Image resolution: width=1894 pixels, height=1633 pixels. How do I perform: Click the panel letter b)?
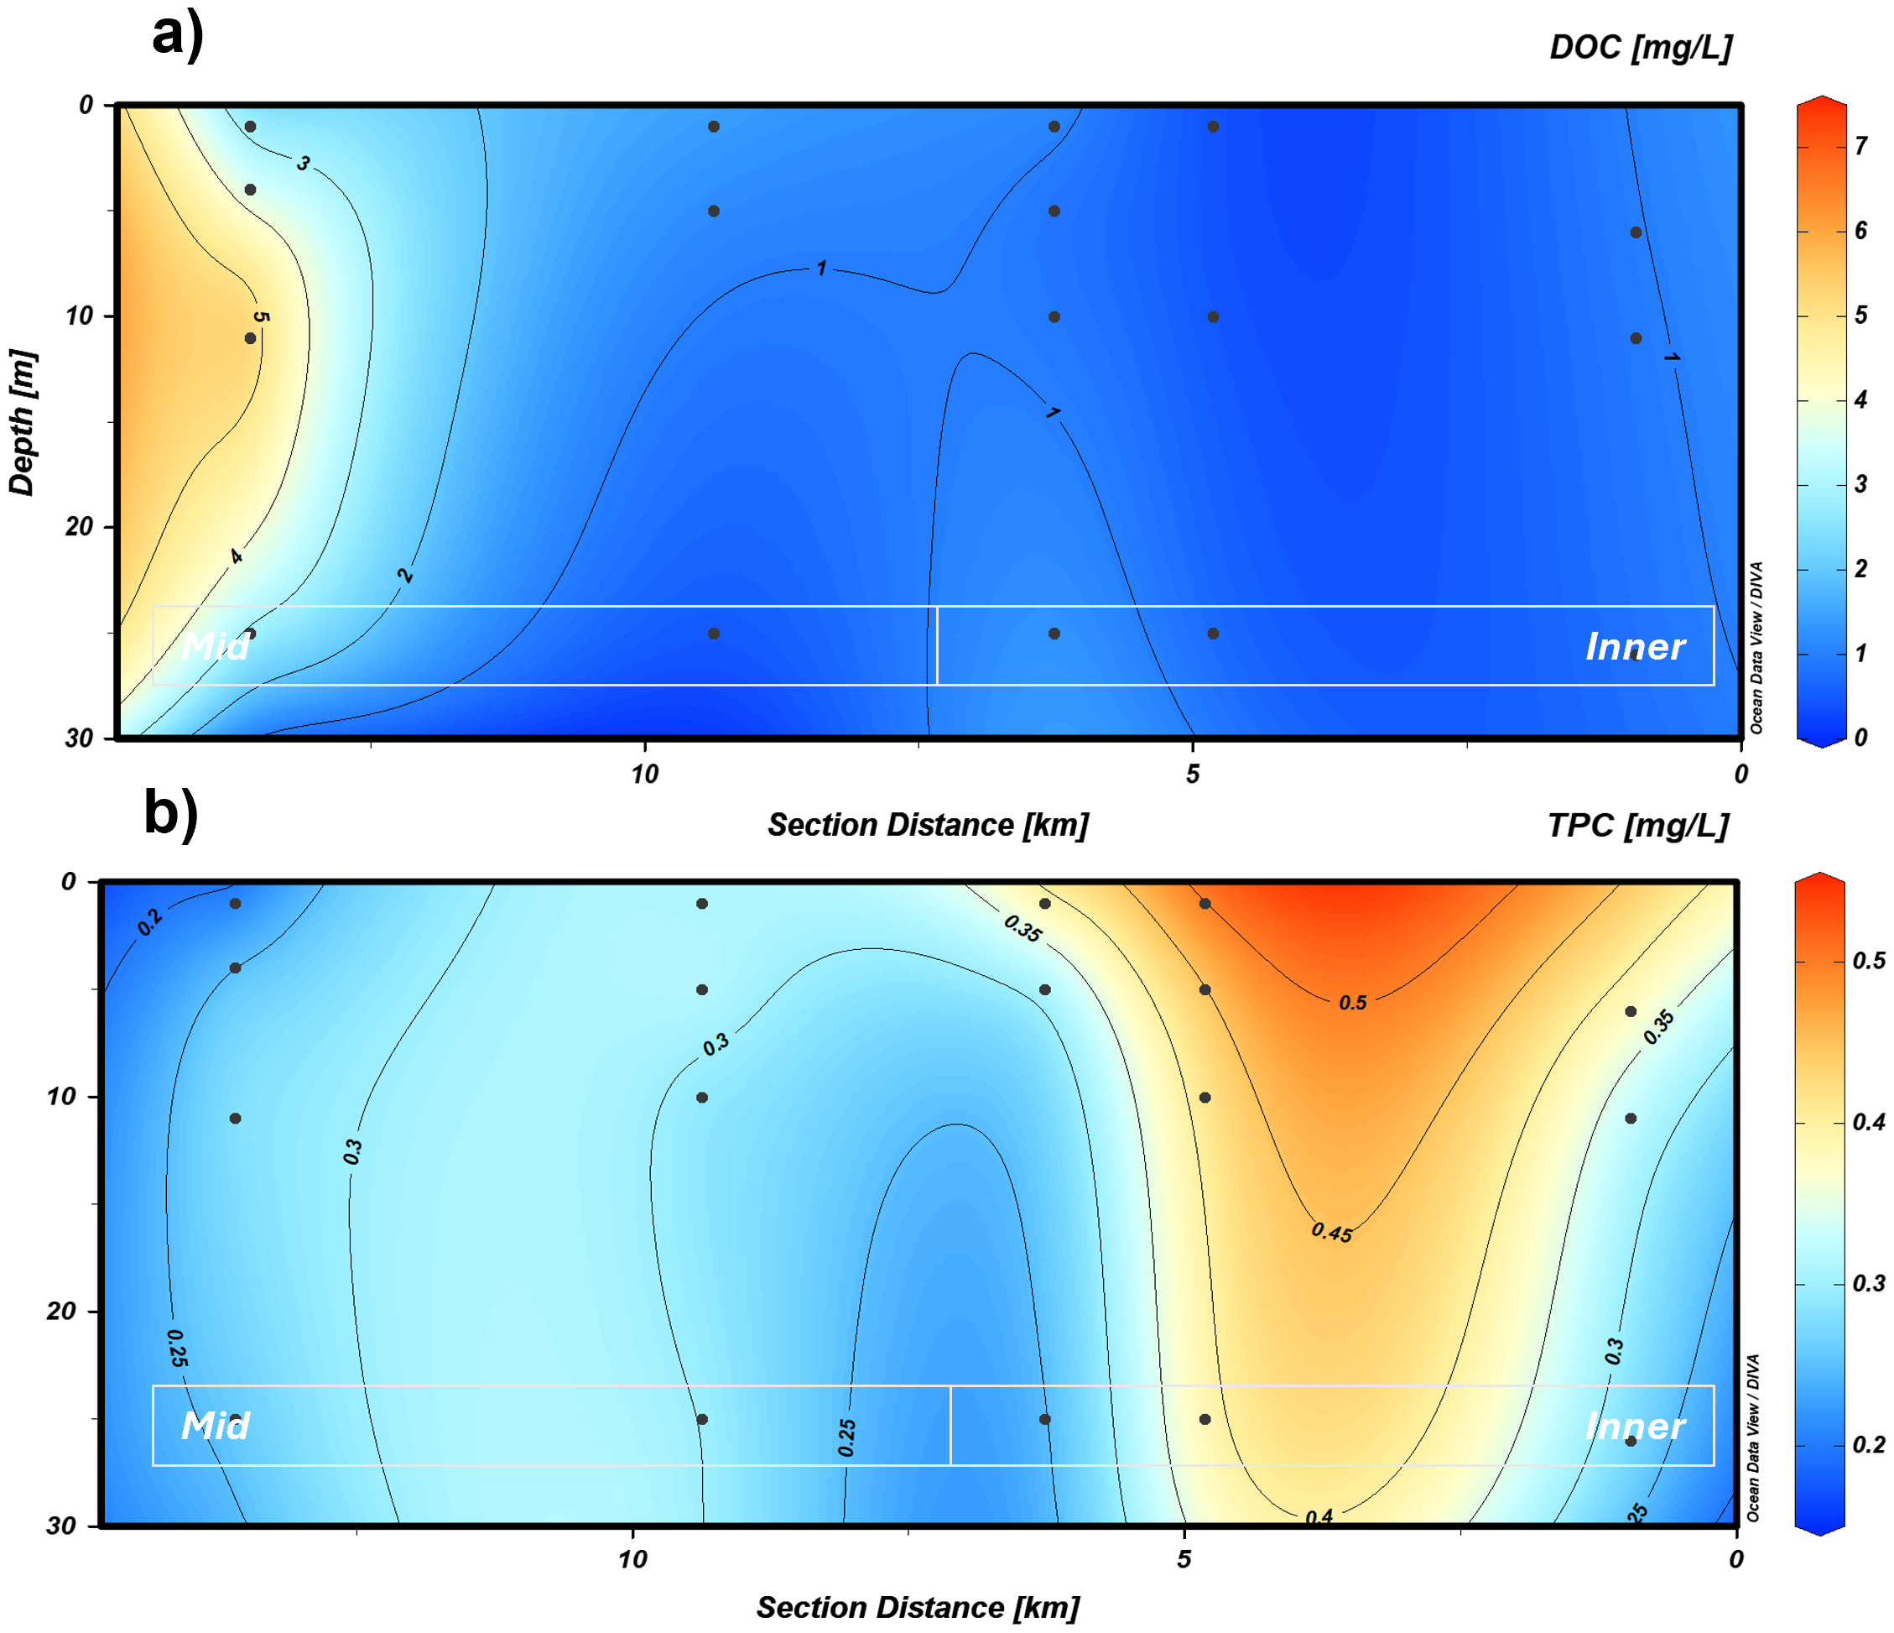171,811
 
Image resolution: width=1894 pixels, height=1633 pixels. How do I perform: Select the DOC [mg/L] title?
1640,48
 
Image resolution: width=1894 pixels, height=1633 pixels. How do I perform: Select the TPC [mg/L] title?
1637,826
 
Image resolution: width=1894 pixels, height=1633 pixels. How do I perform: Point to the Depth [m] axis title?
22,422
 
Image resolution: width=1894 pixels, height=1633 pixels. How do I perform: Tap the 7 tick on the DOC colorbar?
1861,145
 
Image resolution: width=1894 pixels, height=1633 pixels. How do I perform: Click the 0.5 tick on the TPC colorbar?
1868,961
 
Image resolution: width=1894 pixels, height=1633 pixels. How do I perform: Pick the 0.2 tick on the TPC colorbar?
1868,1445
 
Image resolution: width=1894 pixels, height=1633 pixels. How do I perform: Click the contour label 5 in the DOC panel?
262,317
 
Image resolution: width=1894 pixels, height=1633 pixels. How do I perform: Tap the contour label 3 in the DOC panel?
303,164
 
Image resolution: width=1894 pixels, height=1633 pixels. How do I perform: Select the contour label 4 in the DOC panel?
236,556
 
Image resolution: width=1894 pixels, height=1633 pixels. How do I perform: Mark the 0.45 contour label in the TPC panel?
1332,1233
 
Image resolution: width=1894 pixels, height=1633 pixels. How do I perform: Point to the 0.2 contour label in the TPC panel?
150,922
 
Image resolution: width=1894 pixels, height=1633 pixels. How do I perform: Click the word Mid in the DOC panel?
215,647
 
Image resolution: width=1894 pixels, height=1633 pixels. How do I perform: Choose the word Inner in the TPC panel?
1635,1427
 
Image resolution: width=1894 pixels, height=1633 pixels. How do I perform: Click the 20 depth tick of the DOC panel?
79,527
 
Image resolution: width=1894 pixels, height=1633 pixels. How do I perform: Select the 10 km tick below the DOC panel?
644,775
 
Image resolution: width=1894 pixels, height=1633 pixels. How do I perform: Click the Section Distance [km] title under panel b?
918,1607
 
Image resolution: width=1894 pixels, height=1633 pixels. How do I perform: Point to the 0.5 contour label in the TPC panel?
1353,1003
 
